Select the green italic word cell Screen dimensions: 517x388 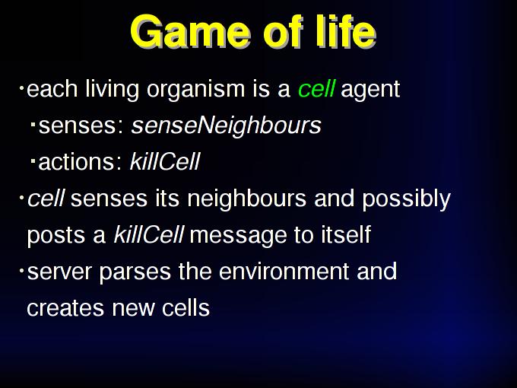[316, 88]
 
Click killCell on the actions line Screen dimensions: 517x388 [165, 161]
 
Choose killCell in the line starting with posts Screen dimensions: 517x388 [149, 234]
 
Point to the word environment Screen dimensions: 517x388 [284, 272]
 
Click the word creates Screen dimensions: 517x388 [65, 308]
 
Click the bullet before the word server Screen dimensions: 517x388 [21, 271]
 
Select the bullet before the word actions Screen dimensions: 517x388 [33, 161]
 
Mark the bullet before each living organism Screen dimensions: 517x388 [21, 87]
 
